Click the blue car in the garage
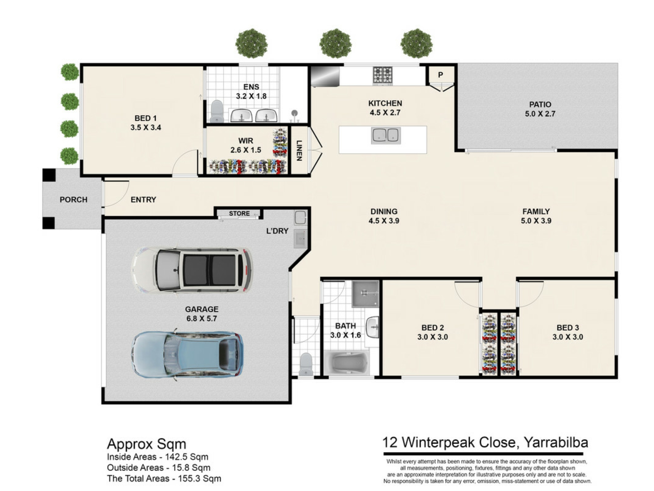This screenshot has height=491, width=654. (x=188, y=354)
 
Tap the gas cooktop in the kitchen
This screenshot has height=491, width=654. (x=383, y=75)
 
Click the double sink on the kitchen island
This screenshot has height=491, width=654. (x=386, y=135)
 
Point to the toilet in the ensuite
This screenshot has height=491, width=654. (x=216, y=111)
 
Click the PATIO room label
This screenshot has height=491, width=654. (x=540, y=104)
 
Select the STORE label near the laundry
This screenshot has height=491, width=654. (x=239, y=213)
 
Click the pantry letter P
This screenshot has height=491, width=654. (x=440, y=75)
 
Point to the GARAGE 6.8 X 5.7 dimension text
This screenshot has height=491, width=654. (x=201, y=318)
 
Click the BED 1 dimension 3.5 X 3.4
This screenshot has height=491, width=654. (x=146, y=128)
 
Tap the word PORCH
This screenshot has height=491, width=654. (x=74, y=199)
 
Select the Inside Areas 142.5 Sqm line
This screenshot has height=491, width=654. (x=157, y=457)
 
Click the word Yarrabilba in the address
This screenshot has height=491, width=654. (x=556, y=443)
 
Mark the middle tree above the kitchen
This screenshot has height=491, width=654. (x=336, y=43)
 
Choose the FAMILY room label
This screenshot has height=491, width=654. (x=536, y=211)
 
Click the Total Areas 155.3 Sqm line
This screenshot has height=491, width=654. (x=164, y=478)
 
